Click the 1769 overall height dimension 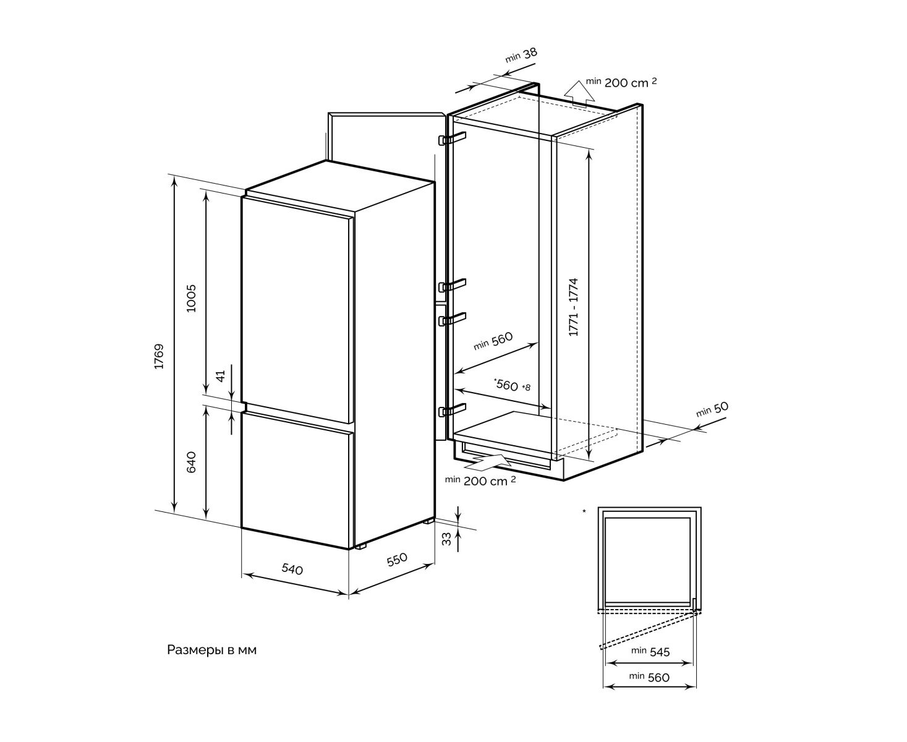click(159, 356)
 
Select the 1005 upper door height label click(192, 298)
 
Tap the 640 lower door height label click(192, 462)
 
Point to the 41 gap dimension click(221, 375)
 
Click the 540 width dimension click(292, 569)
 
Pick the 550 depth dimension click(396, 560)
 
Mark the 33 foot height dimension click(447, 539)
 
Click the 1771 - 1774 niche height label click(573, 307)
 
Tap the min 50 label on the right click(712, 409)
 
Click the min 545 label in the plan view click(650, 652)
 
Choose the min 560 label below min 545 click(649, 677)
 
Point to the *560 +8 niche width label click(512, 385)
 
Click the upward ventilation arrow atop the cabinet click(579, 93)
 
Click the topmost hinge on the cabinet click(452, 139)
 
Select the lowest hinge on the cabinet click(452, 410)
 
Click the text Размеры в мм click(211, 650)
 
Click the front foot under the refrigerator click(360, 547)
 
